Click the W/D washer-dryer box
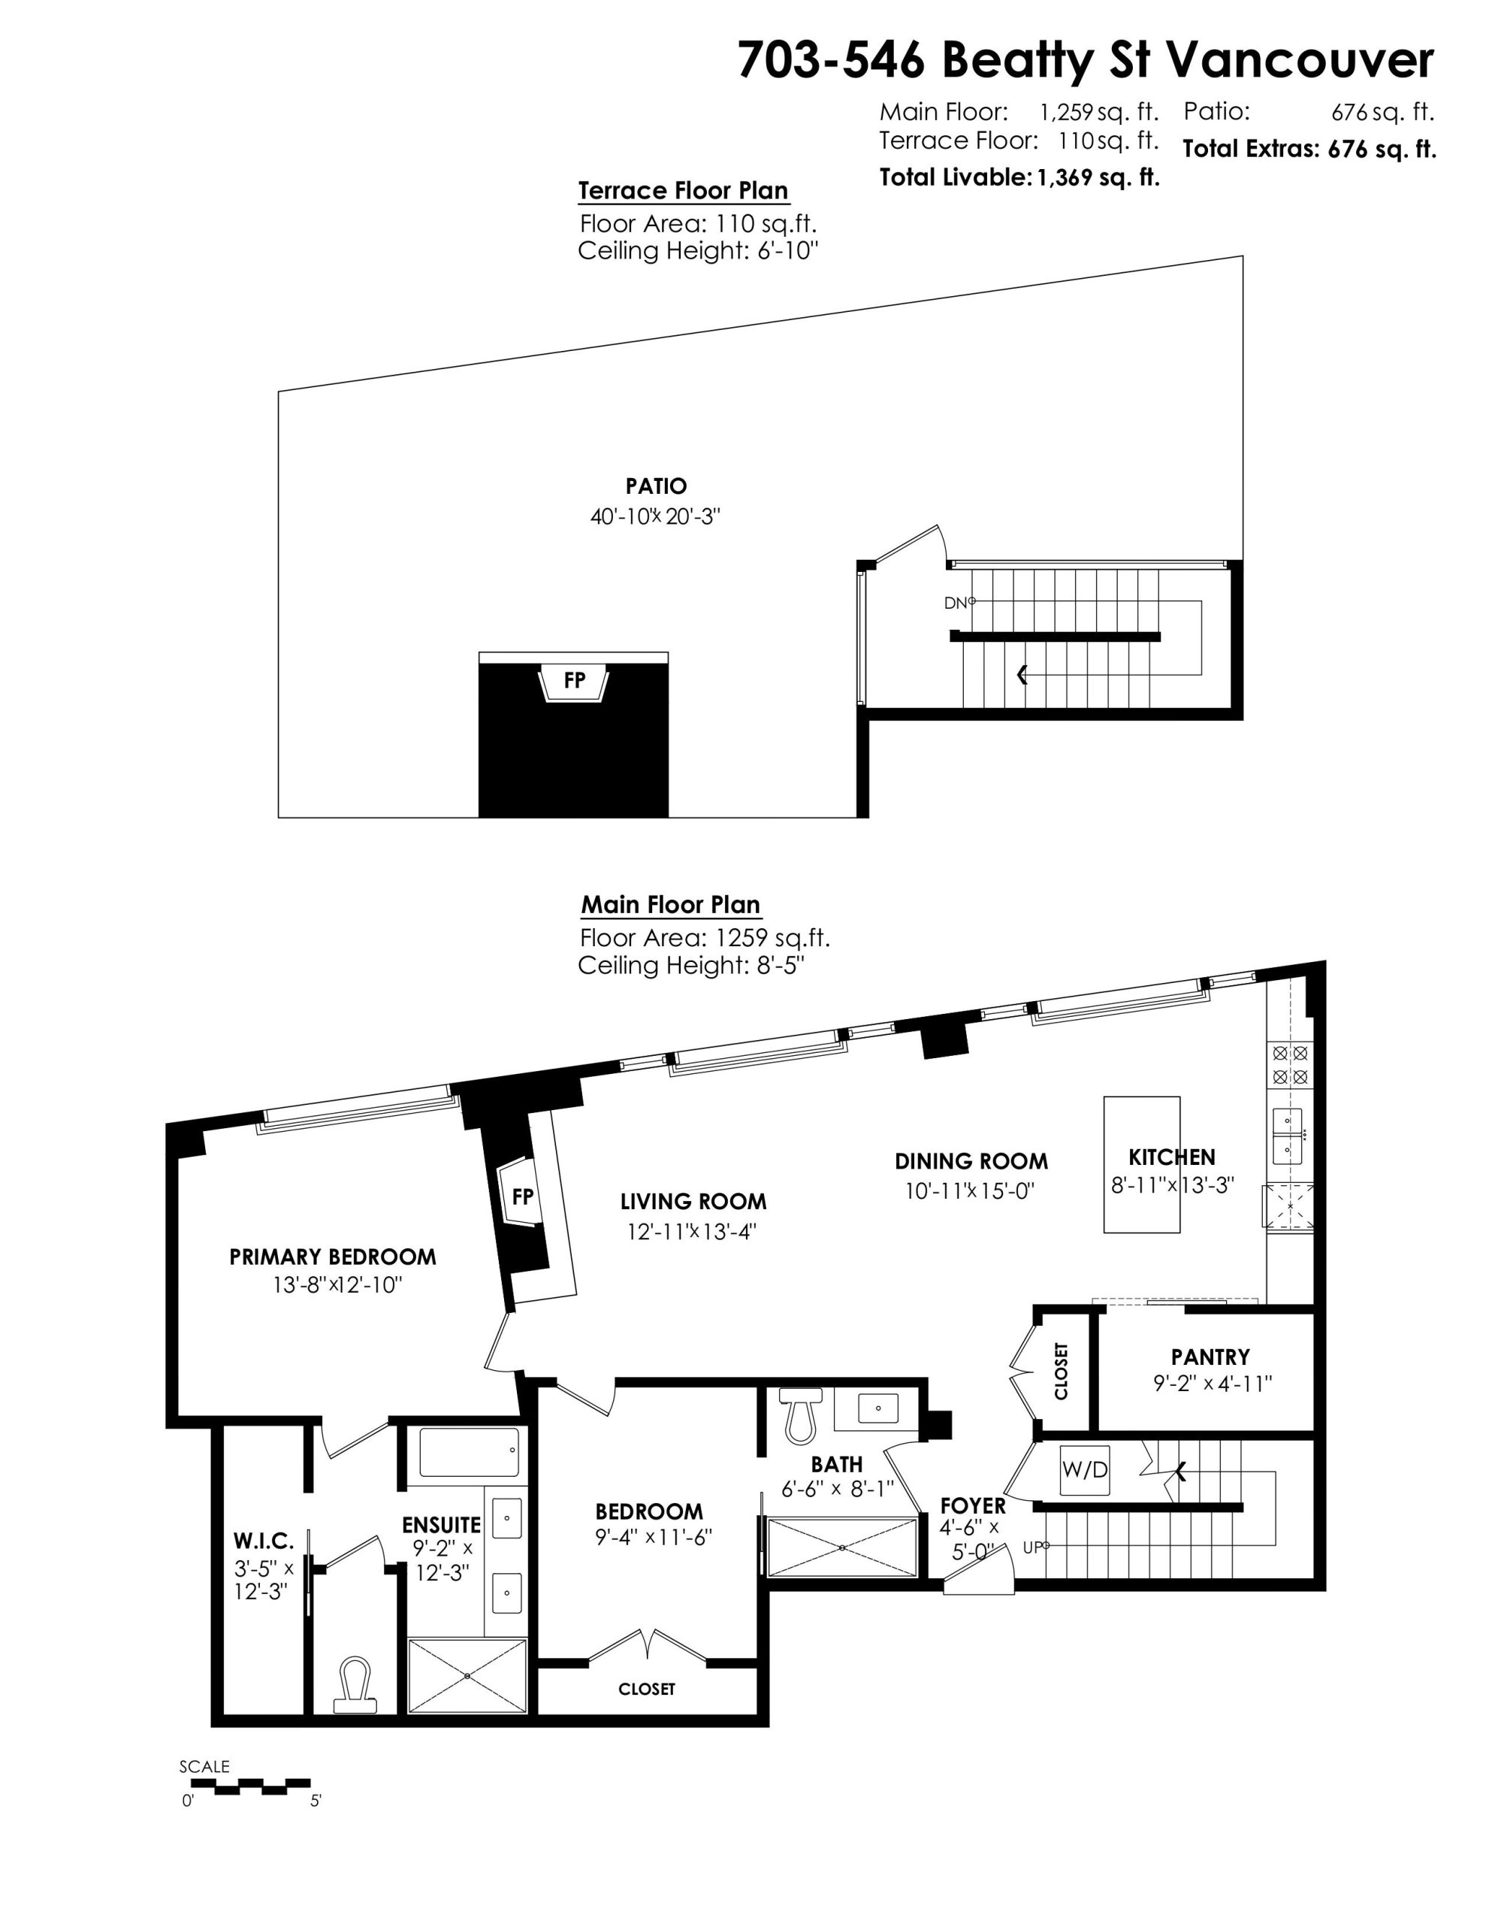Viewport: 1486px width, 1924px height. (1084, 1469)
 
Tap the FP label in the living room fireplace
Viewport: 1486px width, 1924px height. (523, 1196)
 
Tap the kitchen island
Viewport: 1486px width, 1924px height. (1142, 1163)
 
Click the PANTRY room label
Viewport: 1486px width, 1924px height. (1210, 1357)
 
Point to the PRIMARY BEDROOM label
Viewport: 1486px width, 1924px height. (333, 1257)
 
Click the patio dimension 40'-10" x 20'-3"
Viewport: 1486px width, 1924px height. (655, 517)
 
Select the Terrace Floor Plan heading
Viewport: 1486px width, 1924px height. (683, 191)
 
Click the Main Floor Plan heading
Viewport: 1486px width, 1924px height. (670, 905)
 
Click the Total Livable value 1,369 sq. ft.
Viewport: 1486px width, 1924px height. (1098, 178)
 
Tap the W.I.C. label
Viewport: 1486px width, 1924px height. (264, 1541)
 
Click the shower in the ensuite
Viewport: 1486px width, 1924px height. (468, 1675)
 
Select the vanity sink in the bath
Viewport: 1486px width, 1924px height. (878, 1408)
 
